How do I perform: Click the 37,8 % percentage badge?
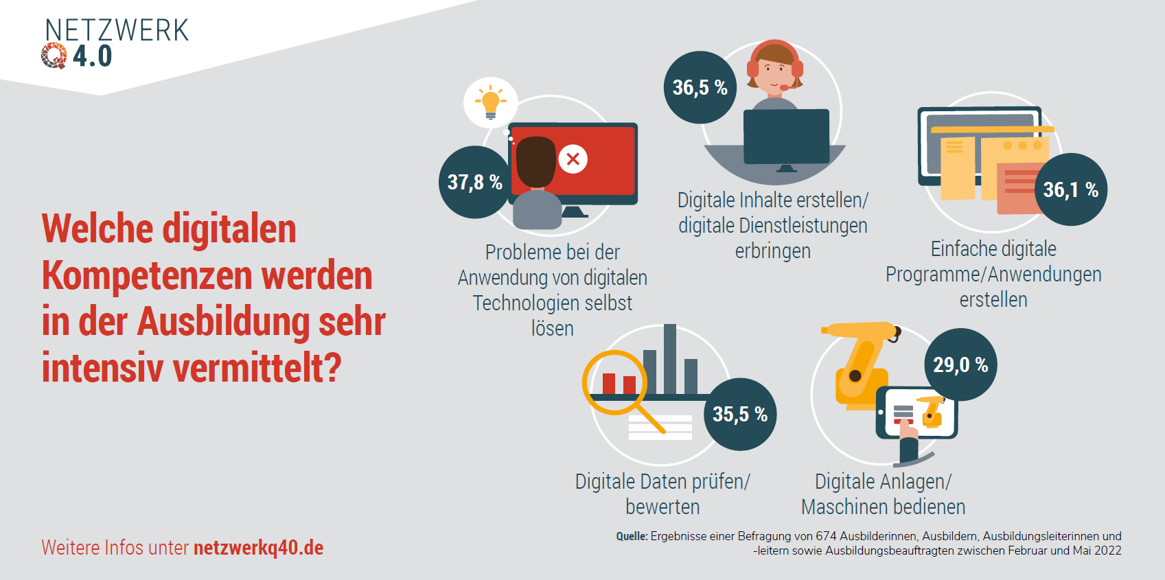[x=475, y=182]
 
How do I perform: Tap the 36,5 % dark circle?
[x=700, y=87]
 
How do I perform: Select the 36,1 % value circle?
[x=1070, y=189]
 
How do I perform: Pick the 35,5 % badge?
[x=739, y=414]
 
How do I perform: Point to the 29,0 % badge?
[x=960, y=364]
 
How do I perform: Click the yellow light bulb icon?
[x=490, y=102]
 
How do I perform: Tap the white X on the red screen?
[x=573, y=159]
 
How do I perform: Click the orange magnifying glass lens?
[x=614, y=382]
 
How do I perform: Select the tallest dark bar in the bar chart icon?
[x=669, y=359]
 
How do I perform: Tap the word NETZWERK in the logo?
[x=117, y=30]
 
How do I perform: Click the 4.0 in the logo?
[x=93, y=56]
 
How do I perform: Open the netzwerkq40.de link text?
[x=258, y=548]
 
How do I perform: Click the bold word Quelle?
[x=632, y=536]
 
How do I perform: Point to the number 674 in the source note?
[x=826, y=536]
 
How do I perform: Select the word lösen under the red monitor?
[x=552, y=328]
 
